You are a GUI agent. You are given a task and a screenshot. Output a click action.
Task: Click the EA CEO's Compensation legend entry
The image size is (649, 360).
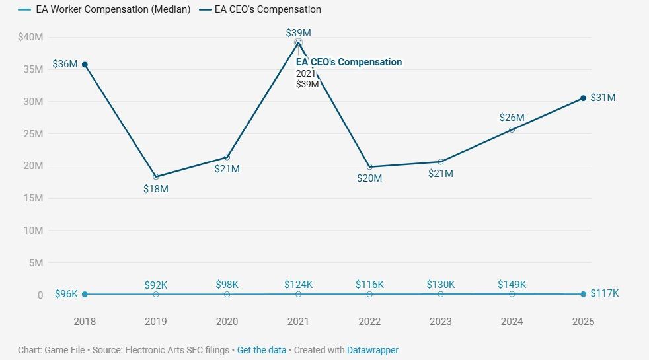[x=268, y=9]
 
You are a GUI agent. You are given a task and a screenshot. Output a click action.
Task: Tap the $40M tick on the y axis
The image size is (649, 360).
[x=30, y=37]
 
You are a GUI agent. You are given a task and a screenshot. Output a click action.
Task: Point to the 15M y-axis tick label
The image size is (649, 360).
[x=32, y=198]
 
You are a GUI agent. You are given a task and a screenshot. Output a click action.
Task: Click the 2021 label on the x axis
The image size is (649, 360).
[x=298, y=322]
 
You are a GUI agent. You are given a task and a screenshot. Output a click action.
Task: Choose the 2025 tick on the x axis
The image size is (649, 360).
[x=583, y=322]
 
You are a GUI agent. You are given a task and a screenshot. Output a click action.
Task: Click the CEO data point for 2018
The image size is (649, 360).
[x=85, y=65]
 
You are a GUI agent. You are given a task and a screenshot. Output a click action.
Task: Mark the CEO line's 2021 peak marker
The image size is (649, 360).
[x=298, y=42]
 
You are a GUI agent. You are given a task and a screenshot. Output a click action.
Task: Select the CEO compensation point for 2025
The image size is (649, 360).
[x=583, y=98]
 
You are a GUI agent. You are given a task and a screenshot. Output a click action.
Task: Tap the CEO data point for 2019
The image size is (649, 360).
[x=156, y=177]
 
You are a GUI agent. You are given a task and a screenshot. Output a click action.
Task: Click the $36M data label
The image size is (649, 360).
[x=65, y=64]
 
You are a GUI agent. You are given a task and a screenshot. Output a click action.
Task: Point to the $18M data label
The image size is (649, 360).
[x=156, y=188]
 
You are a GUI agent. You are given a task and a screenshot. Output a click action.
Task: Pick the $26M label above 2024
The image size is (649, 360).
[x=512, y=118]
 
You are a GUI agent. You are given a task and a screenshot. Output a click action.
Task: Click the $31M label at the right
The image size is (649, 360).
[x=603, y=98]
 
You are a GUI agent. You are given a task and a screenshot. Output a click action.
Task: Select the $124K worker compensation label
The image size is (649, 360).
[x=298, y=285]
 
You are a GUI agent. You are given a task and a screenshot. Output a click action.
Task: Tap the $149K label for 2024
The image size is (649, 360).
[x=512, y=285]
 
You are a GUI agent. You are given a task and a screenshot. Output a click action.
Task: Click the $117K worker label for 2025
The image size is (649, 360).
[x=604, y=293]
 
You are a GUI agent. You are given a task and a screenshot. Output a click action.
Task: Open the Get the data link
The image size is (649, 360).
[x=262, y=350]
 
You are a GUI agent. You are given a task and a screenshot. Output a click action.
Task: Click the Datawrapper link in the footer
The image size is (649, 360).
[x=373, y=350]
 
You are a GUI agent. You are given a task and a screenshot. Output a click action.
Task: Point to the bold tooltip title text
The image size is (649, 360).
[x=348, y=62]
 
